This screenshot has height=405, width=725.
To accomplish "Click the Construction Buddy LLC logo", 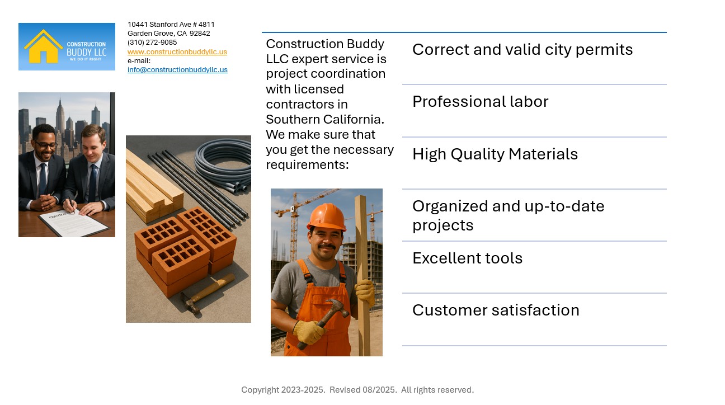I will (x=67, y=46).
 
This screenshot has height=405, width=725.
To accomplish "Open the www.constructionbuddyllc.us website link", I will (x=177, y=52).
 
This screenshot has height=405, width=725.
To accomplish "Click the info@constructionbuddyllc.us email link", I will (x=177, y=70).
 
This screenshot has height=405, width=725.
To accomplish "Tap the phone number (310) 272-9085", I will (x=152, y=43).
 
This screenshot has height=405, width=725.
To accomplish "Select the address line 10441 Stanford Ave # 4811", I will (x=171, y=25).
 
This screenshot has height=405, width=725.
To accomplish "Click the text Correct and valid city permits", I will (x=522, y=50).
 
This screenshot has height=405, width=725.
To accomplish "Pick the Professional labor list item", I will (x=480, y=102).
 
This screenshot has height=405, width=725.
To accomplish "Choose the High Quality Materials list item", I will (x=495, y=154).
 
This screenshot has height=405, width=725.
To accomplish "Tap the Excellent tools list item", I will (x=467, y=258).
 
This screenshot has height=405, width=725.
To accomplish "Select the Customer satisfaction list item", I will (x=495, y=310).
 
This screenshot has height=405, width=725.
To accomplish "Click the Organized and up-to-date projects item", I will (x=508, y=215).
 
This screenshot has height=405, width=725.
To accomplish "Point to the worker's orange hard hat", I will (x=326, y=216).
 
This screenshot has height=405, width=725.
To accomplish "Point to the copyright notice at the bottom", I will (x=357, y=390).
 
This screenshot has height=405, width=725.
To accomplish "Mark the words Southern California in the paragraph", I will (x=324, y=120).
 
